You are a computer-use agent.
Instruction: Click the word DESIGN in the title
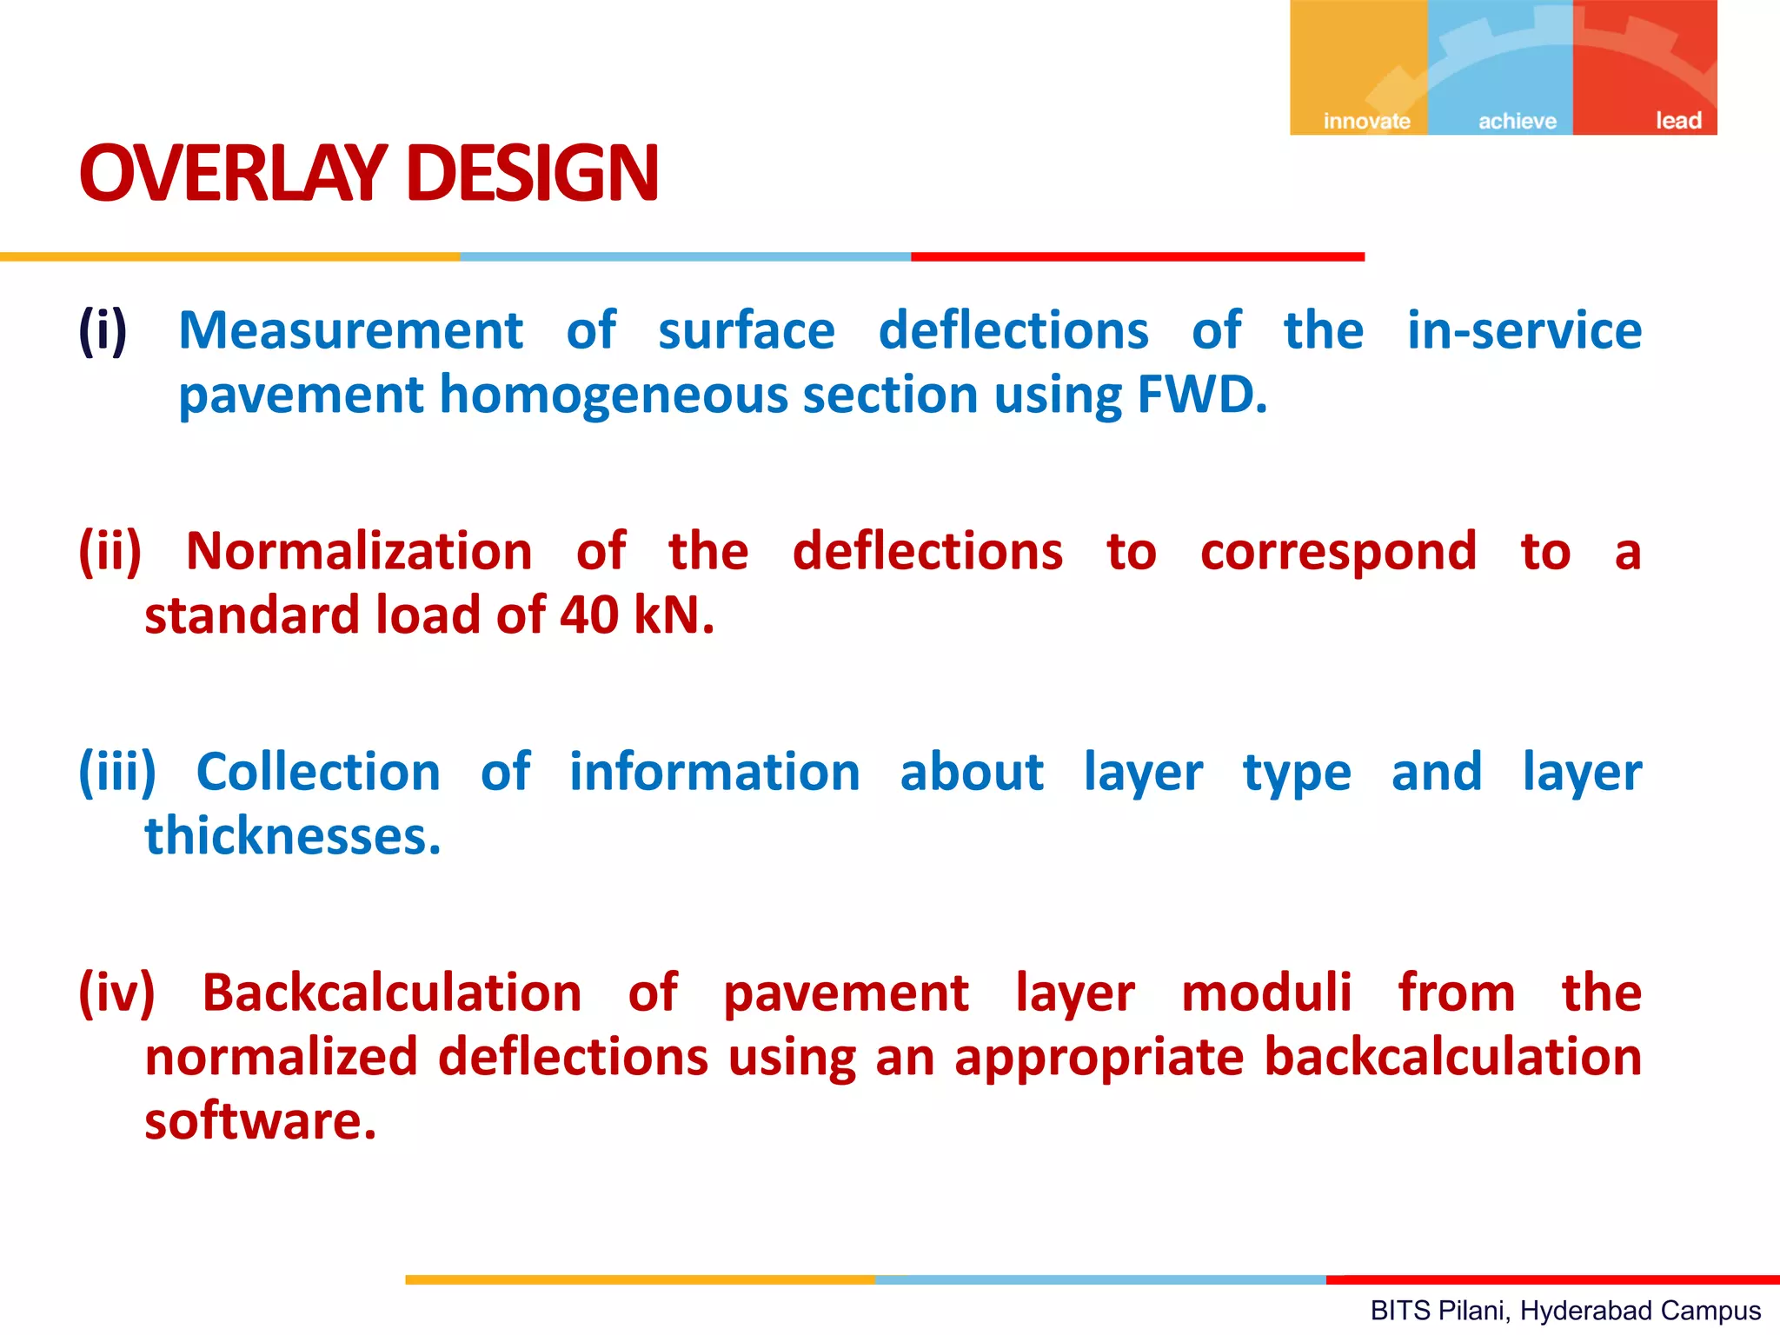point(532,174)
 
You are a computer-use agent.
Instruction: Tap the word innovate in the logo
point(1366,121)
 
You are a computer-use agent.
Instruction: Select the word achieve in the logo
point(1518,121)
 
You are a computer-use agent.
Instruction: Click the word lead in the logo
point(1677,121)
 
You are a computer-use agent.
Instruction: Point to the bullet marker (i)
point(103,331)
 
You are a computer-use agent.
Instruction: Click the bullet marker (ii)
point(110,552)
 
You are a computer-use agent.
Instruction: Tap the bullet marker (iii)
point(117,773)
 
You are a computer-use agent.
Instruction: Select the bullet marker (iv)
point(116,993)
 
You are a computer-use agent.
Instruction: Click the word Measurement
point(350,331)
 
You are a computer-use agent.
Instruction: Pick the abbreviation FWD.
point(1201,395)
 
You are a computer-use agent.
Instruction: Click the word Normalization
point(359,552)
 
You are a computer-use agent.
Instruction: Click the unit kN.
point(674,616)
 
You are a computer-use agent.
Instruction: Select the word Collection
point(318,773)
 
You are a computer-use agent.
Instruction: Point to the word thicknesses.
point(292,837)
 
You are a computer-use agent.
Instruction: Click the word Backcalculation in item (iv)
point(391,993)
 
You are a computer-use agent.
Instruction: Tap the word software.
point(259,1122)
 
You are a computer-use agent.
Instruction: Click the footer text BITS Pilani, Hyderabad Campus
point(1565,1311)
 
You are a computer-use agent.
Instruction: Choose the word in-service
point(1524,331)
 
